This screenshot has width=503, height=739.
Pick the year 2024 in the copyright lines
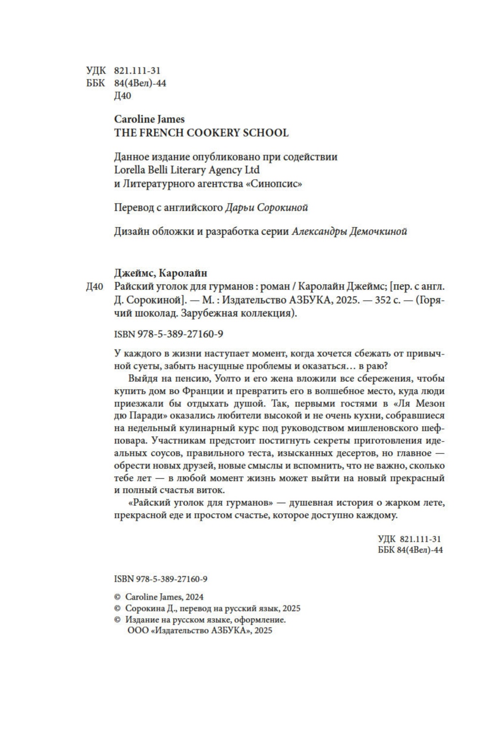click(x=194, y=597)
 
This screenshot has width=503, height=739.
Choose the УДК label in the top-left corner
click(x=96, y=70)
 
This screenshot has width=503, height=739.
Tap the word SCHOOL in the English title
click(x=265, y=133)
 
